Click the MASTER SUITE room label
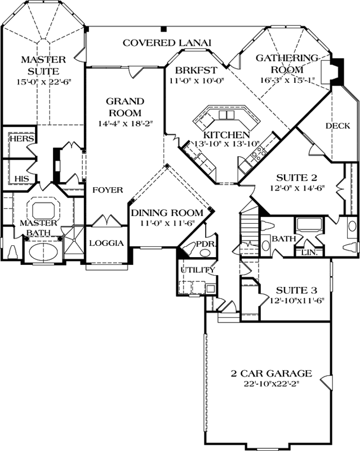[43, 65]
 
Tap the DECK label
[337, 126]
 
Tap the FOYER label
[108, 190]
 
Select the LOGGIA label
[106, 244]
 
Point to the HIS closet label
[21, 178]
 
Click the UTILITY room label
[197, 270]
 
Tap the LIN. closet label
[309, 252]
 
